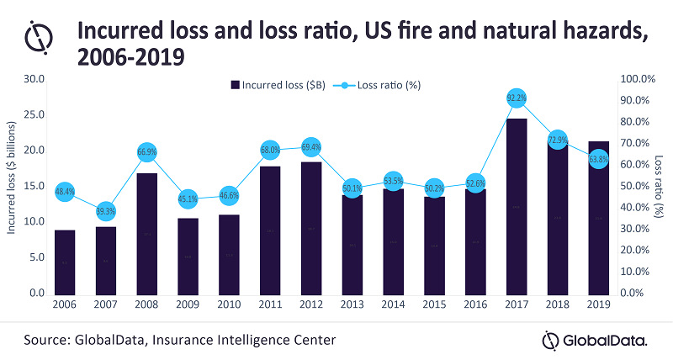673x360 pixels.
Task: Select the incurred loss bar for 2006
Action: click(65, 262)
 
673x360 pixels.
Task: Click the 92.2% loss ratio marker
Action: click(517, 98)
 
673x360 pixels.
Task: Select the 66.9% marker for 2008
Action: click(146, 152)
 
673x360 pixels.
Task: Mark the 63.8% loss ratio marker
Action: click(597, 159)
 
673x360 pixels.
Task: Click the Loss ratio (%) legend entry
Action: click(376, 84)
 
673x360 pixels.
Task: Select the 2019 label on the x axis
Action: click(599, 304)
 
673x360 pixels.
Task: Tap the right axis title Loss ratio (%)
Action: click(659, 185)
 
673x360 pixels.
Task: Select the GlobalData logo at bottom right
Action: click(594, 340)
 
